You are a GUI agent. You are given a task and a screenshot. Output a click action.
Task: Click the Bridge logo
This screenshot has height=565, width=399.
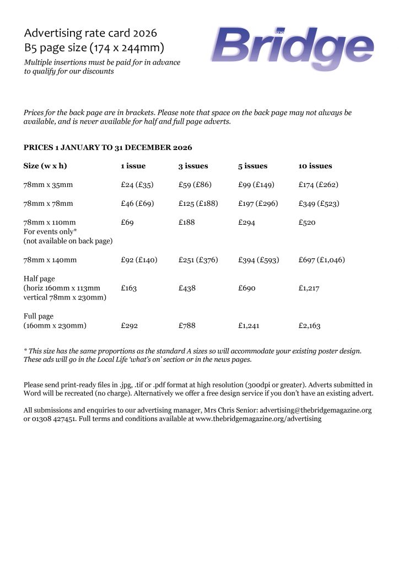click(292, 46)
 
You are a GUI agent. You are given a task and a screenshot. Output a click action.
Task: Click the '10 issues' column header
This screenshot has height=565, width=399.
click(315, 166)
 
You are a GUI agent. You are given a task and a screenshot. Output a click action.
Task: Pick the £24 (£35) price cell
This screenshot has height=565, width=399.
click(137, 185)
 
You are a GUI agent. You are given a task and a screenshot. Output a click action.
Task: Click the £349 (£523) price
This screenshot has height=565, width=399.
click(319, 204)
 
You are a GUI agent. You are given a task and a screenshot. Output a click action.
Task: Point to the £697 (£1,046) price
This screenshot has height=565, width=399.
click(321, 259)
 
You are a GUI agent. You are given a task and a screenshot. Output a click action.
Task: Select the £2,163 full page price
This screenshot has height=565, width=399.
click(309, 326)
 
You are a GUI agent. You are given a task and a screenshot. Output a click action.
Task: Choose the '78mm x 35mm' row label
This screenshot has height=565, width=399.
click(48, 185)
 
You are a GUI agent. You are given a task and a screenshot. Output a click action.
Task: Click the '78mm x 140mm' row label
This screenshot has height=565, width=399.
click(50, 259)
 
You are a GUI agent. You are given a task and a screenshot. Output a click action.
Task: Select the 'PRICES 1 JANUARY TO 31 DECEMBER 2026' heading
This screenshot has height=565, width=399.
click(107, 148)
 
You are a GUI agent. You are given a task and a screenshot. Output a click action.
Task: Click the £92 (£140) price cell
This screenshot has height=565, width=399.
click(139, 259)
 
